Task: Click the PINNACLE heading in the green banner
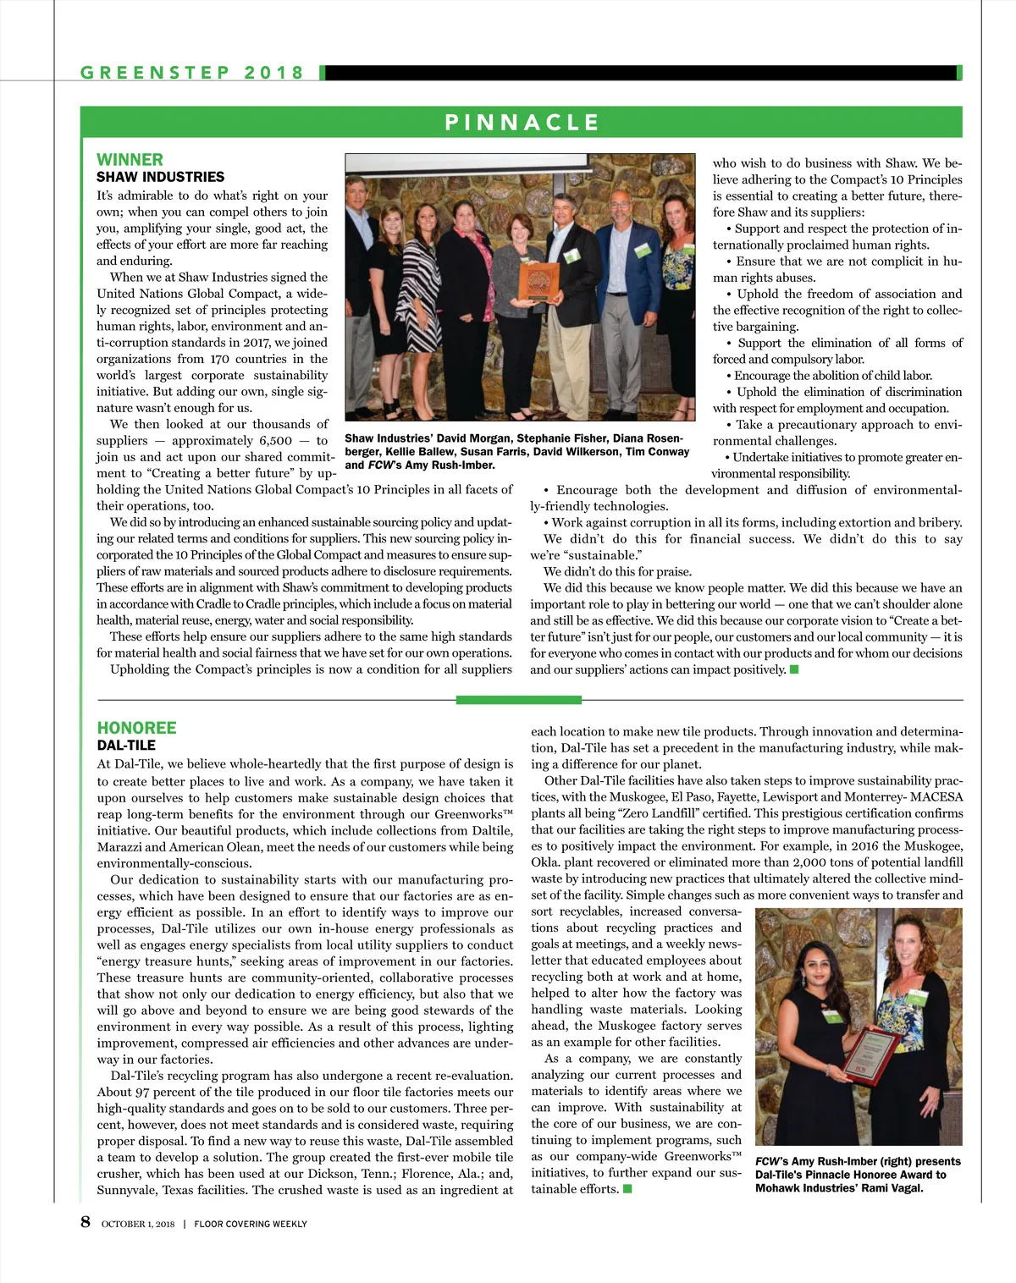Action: [522, 123]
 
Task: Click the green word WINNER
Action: [130, 160]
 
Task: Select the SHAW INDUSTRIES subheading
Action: [160, 177]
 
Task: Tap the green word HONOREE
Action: [136, 728]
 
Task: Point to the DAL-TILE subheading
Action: [126, 746]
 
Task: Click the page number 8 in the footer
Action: [86, 1221]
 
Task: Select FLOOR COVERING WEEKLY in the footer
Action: [251, 1224]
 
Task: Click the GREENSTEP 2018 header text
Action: [192, 73]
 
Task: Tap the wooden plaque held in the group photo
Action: [538, 283]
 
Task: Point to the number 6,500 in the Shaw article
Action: [275, 441]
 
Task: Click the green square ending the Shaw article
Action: [794, 670]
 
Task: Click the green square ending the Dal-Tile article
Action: [627, 1189]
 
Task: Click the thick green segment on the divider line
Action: [518, 700]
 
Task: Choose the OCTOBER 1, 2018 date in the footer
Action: [138, 1224]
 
